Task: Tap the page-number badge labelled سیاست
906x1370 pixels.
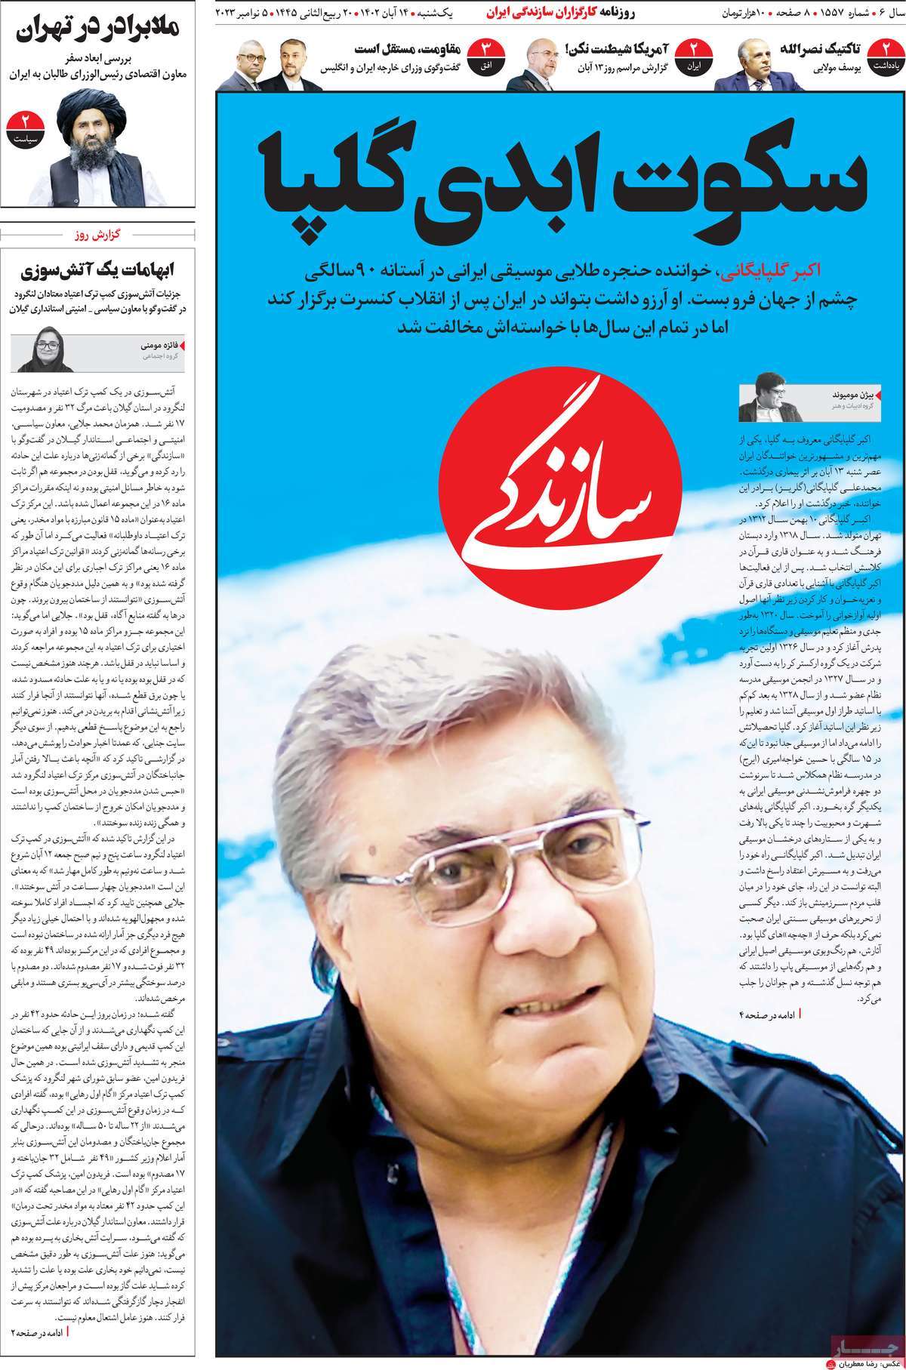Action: [24, 128]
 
